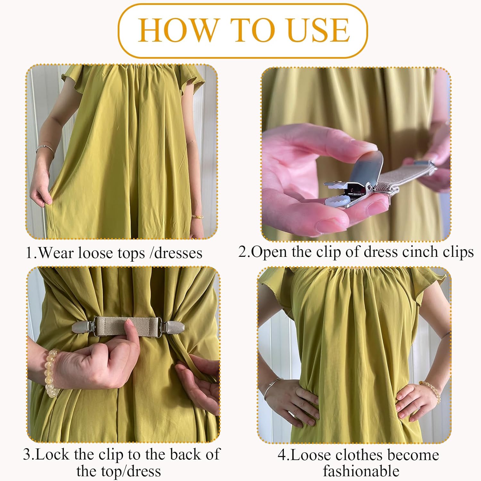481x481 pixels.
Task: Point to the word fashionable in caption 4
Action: click(361, 471)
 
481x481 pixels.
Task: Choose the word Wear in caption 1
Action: click(56, 253)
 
